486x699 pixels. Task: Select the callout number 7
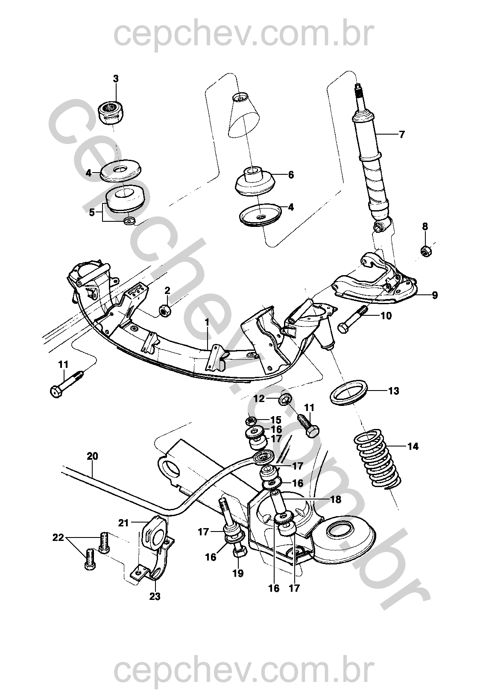coord(401,135)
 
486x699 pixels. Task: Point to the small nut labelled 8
coord(426,251)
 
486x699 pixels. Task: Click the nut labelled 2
coord(165,311)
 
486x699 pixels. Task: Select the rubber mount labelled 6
coord(255,180)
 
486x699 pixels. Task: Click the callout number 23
coord(155,596)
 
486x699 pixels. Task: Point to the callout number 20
coord(92,456)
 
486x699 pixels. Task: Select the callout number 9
coord(434,295)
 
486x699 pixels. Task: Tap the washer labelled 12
coord(285,400)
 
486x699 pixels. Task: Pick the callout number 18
coord(336,499)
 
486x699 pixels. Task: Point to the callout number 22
coord(58,538)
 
